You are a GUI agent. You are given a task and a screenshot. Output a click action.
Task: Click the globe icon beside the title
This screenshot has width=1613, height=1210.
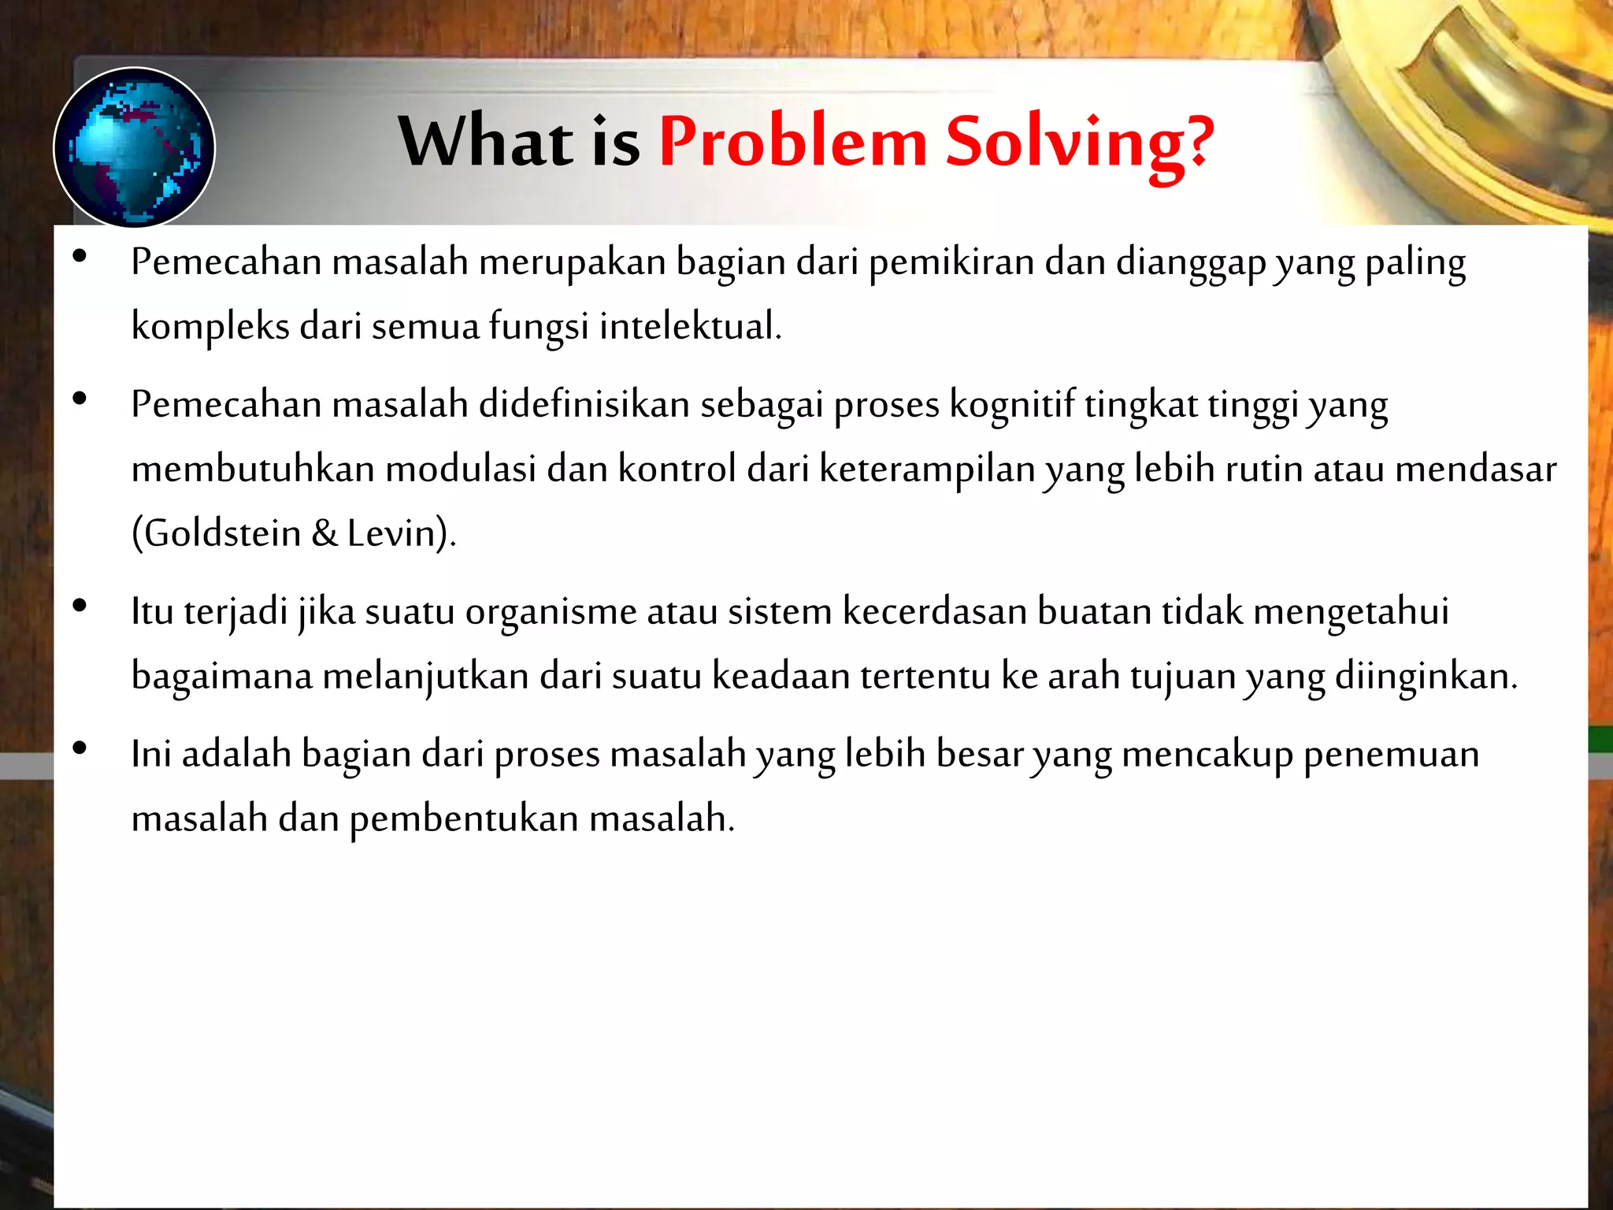click(134, 148)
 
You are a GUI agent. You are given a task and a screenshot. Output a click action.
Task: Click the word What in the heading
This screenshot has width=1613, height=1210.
click(486, 142)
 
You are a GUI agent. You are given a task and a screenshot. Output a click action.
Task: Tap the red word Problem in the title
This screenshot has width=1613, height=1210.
click(792, 142)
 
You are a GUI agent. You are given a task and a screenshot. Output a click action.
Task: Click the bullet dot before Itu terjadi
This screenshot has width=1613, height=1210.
click(79, 606)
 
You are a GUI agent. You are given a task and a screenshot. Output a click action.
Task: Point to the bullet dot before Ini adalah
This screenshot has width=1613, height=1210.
click(79, 748)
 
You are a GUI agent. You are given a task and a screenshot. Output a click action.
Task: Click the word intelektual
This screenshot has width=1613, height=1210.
click(690, 326)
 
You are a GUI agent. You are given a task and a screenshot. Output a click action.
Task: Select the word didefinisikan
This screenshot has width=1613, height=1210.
click(584, 405)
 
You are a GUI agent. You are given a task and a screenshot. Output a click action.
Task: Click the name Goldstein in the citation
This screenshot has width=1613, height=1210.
click(223, 533)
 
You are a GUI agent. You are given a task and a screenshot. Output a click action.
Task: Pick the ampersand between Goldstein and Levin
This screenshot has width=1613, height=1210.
click(324, 533)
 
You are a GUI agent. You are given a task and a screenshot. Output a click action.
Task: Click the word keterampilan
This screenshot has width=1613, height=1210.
click(927, 470)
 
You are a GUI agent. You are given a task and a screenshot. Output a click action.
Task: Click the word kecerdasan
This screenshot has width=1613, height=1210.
click(934, 612)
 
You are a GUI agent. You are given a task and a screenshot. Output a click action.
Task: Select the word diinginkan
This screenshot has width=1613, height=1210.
click(1426, 677)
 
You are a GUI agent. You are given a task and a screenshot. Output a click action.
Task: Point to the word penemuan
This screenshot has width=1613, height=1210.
click(1391, 755)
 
